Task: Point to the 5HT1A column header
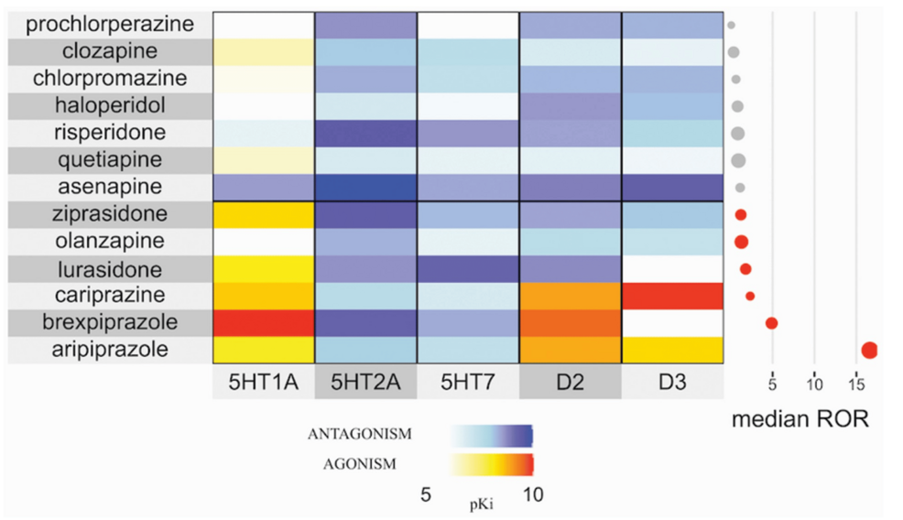[264, 381]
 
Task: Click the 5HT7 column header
[467, 381]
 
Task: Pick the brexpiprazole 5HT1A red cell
[264, 323]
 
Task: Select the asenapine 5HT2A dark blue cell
[364, 187]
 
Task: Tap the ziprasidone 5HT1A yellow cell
[264, 214]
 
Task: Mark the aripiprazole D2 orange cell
[570, 350]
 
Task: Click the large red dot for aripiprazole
[869, 350]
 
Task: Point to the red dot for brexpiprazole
[771, 323]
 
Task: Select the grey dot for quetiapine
[738, 161]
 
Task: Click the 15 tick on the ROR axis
[855, 381]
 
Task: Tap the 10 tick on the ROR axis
[815, 381]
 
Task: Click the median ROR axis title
[800, 421]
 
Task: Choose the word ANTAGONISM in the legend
[371, 433]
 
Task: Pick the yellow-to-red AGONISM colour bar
[493, 463]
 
